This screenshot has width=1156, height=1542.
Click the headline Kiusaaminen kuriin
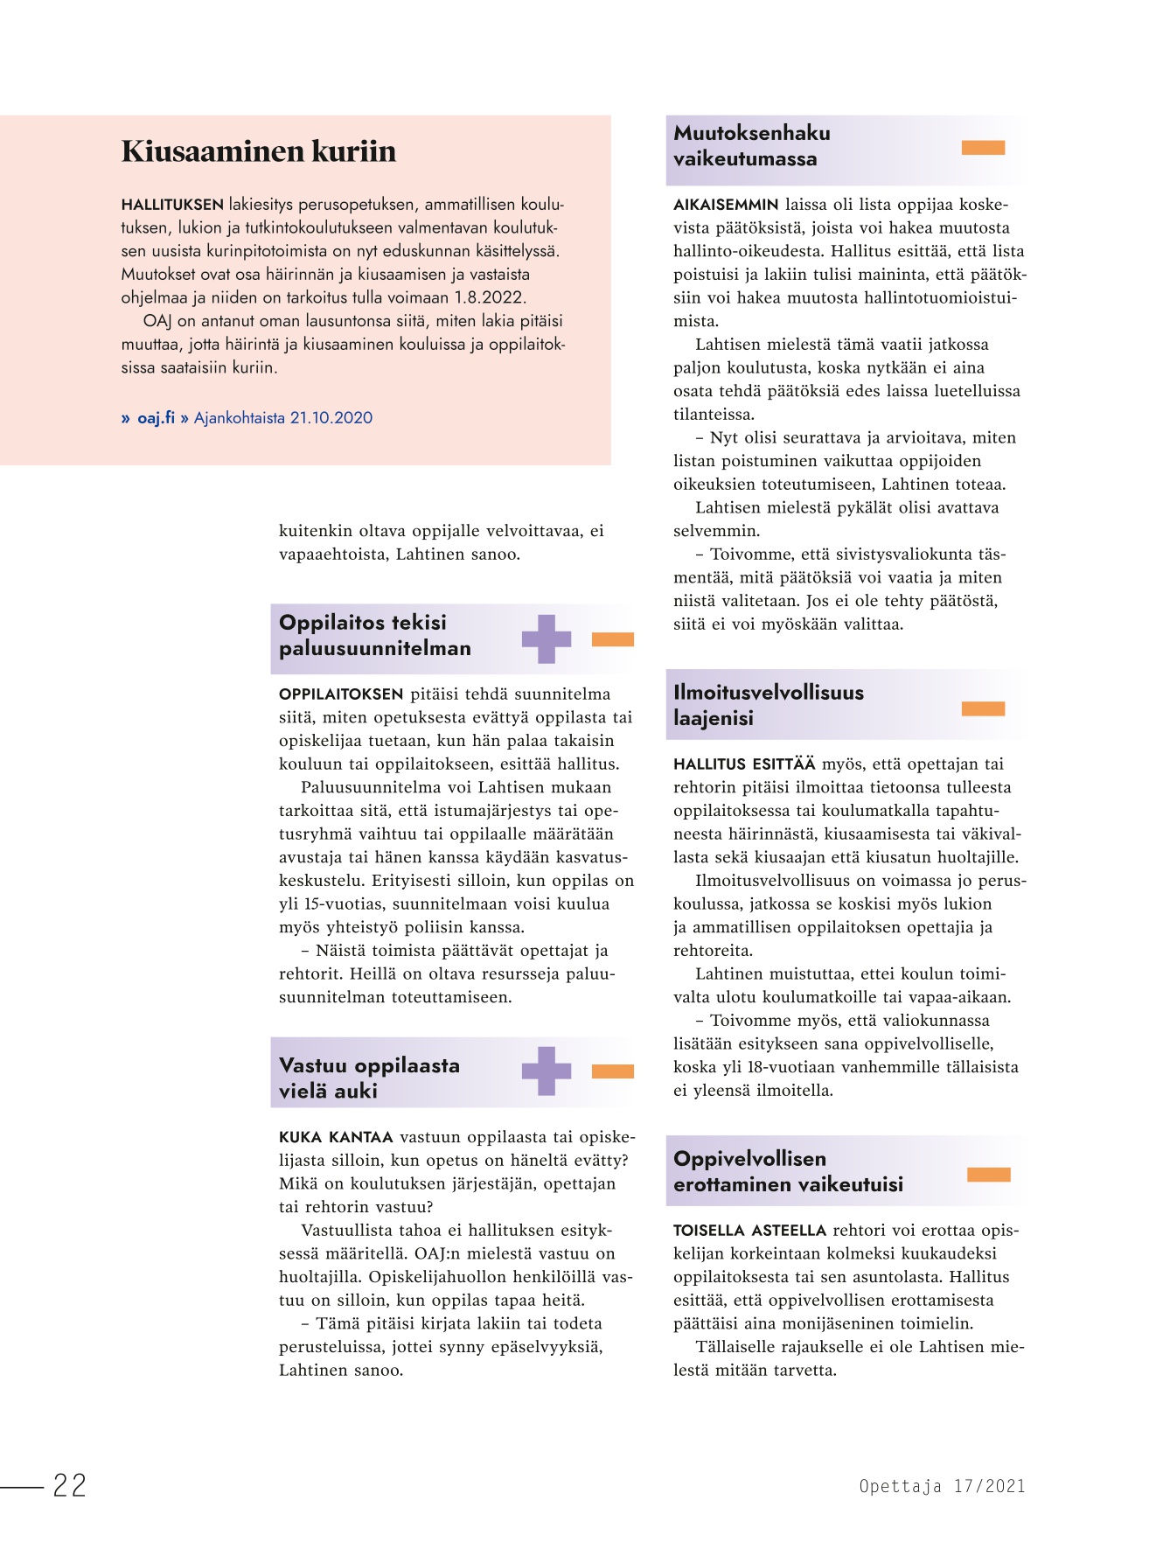(258, 151)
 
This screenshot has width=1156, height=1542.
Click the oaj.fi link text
(156, 418)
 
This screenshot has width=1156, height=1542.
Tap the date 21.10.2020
(331, 418)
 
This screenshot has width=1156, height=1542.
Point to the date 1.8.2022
(490, 297)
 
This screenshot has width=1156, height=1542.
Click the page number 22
(70, 1485)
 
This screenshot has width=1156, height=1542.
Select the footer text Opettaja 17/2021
(942, 1486)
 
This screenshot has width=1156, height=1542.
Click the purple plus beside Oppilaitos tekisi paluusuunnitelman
(547, 638)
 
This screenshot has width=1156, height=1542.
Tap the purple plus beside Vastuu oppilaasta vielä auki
(547, 1071)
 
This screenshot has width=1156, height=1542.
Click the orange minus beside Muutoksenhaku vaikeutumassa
(983, 148)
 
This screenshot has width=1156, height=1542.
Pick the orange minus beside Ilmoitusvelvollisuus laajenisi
(983, 708)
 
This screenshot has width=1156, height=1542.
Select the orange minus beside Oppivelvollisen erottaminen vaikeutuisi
(988, 1175)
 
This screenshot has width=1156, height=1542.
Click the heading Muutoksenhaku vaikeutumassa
(751, 146)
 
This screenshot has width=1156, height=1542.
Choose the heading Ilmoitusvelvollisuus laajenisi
(768, 705)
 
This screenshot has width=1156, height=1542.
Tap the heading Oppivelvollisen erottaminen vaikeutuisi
(787, 1171)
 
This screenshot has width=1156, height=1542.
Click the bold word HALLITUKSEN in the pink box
(172, 206)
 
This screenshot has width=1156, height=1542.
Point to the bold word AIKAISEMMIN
(725, 205)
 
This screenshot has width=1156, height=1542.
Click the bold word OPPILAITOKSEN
(340, 694)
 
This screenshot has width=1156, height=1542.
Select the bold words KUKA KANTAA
(336, 1137)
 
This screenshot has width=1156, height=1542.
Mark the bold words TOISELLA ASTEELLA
(749, 1231)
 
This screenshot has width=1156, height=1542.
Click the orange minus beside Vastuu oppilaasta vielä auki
(612, 1071)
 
